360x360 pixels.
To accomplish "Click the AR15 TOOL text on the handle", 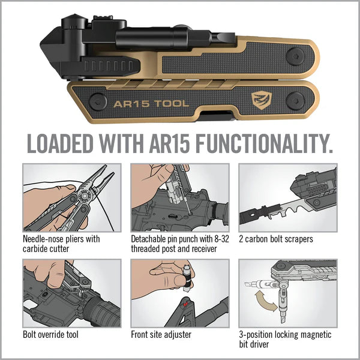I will (x=151, y=103).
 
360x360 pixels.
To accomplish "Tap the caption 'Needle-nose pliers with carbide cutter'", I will (x=61, y=244).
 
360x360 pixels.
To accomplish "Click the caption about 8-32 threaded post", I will (x=173, y=244).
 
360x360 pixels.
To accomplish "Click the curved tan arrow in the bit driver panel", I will (x=262, y=300).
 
